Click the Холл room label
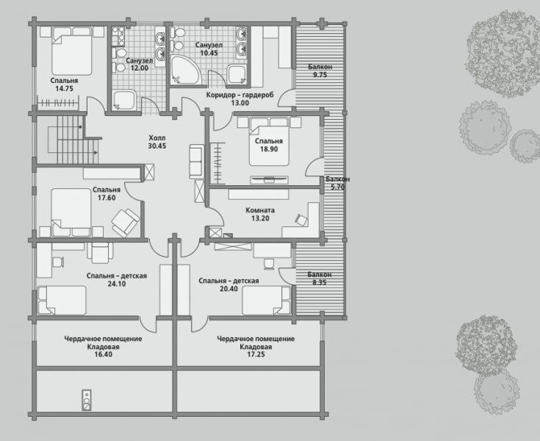coord(157,138)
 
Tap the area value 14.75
coord(65,88)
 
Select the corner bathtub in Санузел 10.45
coord(185,70)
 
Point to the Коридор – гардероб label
coord(240,95)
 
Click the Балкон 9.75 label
coord(320,67)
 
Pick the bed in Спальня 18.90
coord(269,142)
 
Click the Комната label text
coord(260,210)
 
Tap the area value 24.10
coord(116,284)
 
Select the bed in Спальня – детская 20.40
coord(266,301)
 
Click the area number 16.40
coord(104,354)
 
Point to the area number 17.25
coord(256,354)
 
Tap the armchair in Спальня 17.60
coord(126,223)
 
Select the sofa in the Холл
coord(196,162)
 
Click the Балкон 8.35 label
coord(320,275)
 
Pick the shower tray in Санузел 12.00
coord(124,100)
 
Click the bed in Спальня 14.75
coord(72,51)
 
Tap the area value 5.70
coord(338,187)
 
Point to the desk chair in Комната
coord(301,220)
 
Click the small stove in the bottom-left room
coord(87,400)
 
